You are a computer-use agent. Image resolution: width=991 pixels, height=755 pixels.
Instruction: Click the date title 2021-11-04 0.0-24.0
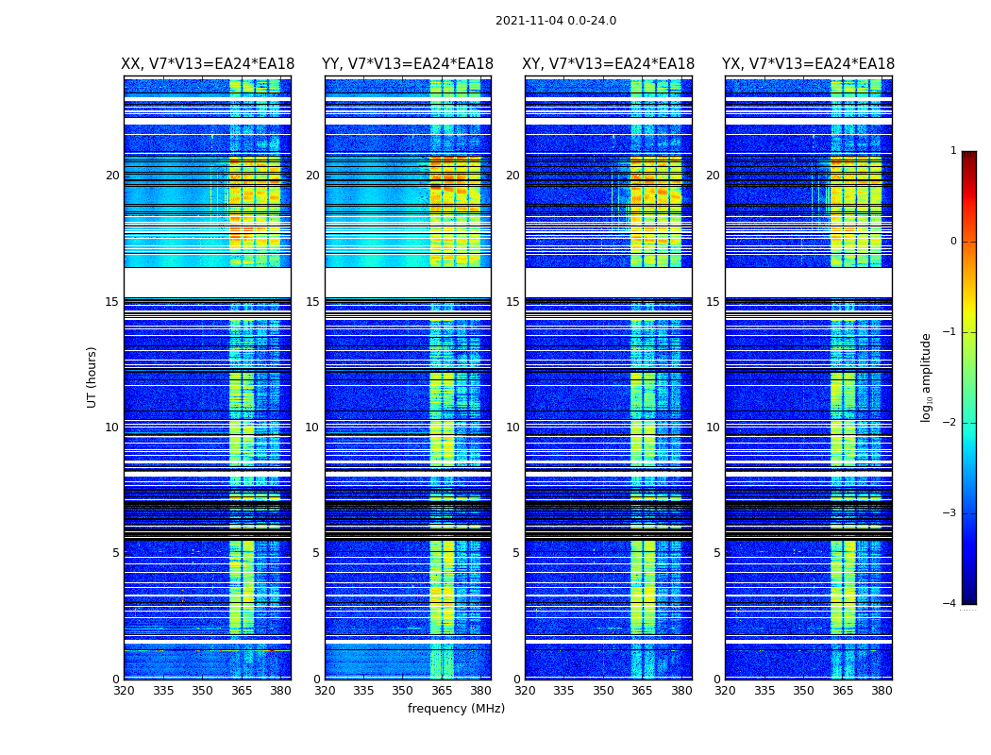pos(556,21)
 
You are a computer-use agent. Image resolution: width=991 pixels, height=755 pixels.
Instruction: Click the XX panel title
pos(208,64)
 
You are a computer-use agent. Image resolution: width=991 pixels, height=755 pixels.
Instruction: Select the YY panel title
pos(408,64)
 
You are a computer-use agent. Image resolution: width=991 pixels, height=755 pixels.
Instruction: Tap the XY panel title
pos(608,64)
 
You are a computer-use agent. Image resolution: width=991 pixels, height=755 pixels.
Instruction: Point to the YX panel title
pos(808,64)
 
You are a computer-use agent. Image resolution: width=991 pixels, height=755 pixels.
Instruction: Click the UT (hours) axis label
pos(92,377)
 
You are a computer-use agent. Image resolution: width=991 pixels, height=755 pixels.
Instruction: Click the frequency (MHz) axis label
pos(456,709)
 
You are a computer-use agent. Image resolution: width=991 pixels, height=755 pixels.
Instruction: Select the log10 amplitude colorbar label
pos(927,377)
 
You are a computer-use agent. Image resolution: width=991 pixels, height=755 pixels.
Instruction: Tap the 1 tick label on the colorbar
pos(953,151)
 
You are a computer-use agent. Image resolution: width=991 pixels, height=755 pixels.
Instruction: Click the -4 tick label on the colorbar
pos(950,604)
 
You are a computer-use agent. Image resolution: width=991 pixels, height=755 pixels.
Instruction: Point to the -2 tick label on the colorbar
pos(950,423)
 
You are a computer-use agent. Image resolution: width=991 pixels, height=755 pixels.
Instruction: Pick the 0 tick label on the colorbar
pos(953,242)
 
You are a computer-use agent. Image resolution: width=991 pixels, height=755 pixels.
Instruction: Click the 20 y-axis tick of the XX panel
pos(112,176)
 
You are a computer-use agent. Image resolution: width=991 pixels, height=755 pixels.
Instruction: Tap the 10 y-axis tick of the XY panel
pos(512,428)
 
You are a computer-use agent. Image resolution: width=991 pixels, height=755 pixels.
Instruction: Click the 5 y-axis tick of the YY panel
pos(315,553)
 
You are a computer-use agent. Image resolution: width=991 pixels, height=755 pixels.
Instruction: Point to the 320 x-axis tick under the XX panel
pos(124,691)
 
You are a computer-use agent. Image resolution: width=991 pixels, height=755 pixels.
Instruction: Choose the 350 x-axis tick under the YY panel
pos(402,691)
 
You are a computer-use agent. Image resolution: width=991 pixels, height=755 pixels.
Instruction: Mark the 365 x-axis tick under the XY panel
pos(642,691)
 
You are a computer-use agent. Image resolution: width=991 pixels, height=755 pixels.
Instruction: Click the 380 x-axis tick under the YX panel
pos(882,691)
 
